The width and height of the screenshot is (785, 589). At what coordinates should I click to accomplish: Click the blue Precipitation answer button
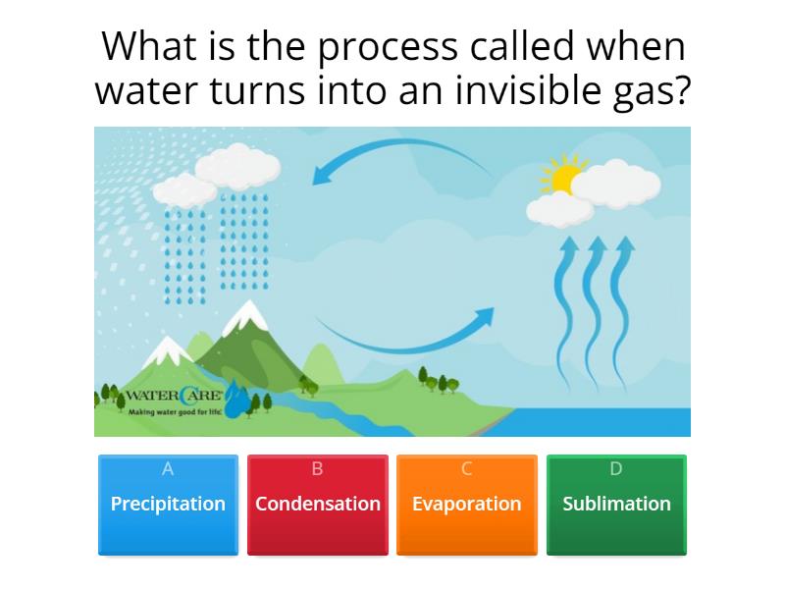[168, 505]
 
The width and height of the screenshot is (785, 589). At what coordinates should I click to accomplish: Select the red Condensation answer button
[317, 505]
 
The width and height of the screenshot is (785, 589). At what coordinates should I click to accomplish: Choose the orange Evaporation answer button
[466, 505]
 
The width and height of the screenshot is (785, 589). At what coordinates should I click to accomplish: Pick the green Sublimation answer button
[616, 505]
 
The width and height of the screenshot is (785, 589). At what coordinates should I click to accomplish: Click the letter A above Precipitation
[168, 469]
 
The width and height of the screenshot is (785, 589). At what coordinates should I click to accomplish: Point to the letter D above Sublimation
[616, 469]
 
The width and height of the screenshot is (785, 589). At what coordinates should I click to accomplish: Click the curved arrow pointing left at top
[402, 157]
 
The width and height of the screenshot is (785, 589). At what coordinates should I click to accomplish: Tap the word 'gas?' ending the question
[650, 93]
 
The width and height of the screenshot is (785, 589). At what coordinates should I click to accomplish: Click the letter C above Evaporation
[466, 469]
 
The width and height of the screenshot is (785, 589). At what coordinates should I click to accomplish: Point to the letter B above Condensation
[317, 469]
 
